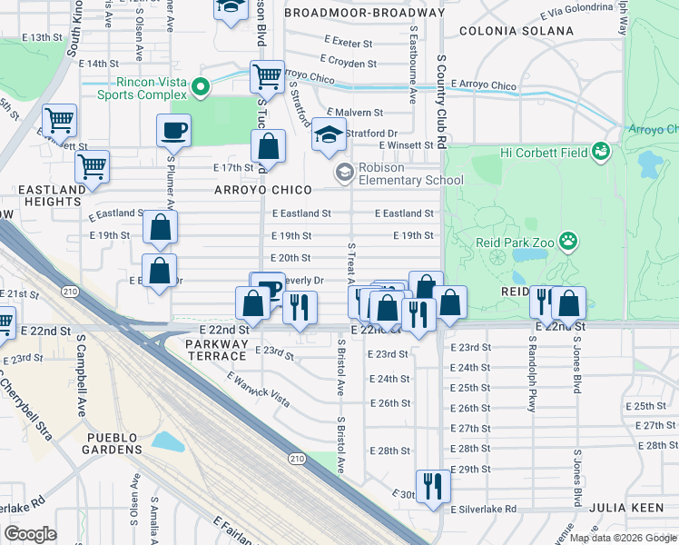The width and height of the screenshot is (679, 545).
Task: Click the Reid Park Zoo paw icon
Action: (568, 242)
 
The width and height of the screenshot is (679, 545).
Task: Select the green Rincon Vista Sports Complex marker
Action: (202, 88)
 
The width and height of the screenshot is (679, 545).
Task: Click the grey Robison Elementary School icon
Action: (345, 173)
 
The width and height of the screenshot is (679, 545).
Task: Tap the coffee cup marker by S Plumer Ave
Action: (173, 130)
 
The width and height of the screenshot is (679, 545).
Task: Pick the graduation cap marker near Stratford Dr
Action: (328, 137)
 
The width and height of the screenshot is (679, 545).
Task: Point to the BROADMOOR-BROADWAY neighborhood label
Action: (364, 14)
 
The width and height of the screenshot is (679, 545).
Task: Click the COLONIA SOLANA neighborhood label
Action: (516, 31)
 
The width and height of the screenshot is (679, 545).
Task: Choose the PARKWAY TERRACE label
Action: (215, 351)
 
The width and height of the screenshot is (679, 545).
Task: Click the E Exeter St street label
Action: (348, 43)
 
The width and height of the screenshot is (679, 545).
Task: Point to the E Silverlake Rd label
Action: (484, 510)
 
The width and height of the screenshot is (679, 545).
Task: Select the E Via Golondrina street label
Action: (576, 12)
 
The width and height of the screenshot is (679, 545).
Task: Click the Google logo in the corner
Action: (30, 534)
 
